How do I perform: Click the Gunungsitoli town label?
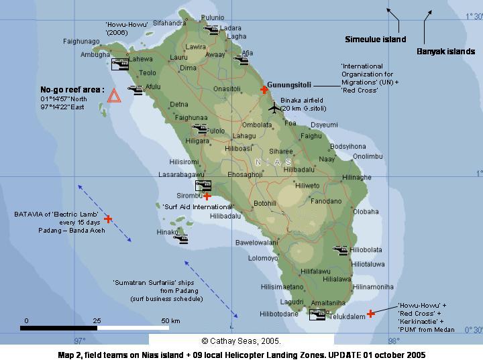pos(288,85)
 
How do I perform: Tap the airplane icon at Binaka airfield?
pos(274,107)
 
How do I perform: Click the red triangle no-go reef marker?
pos(114,96)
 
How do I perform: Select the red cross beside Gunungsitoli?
pos(264,89)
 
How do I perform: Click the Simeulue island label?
pos(375,40)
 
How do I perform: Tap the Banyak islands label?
pos(445,51)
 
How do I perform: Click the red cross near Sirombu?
pos(207,196)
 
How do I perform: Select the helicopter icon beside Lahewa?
pos(119,64)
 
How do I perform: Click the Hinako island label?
pos(166,232)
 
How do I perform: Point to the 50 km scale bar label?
pos(170,321)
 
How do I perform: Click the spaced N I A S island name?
pos(274,162)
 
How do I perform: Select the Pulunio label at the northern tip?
pos(213,17)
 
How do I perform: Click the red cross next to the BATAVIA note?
pos(108,219)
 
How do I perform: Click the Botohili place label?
pos(264,203)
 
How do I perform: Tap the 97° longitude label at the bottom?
pos(80,341)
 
